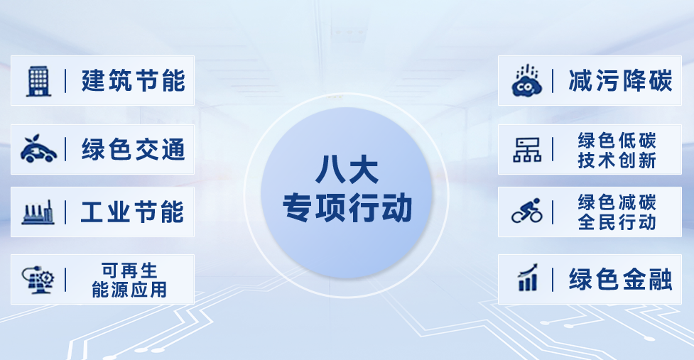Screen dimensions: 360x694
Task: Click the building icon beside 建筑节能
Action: click(x=38, y=81)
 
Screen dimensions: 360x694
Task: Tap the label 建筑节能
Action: click(x=133, y=81)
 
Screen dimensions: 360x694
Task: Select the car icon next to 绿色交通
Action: click(x=38, y=150)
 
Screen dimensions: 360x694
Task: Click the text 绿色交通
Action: click(x=133, y=150)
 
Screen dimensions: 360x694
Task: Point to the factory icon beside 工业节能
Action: click(x=38, y=212)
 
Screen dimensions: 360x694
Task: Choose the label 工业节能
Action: click(x=133, y=212)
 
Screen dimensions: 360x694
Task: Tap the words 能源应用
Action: click(x=129, y=290)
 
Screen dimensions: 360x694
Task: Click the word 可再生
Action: click(x=129, y=271)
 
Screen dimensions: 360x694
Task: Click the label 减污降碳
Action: click(x=619, y=81)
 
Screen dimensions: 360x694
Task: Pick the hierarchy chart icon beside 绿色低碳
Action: click(x=527, y=150)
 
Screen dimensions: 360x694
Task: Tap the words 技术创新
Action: click(x=617, y=160)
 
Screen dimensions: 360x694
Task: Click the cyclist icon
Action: click(x=527, y=211)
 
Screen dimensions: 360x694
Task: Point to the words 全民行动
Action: click(x=617, y=222)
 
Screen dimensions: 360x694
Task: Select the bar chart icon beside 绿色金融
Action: click(x=527, y=278)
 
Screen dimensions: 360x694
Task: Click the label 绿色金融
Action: click(x=619, y=279)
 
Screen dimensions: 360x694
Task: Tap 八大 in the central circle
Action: click(x=347, y=170)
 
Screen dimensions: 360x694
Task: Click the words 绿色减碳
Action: click(x=617, y=202)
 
